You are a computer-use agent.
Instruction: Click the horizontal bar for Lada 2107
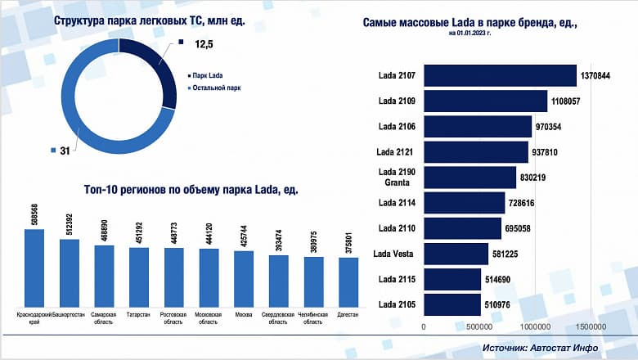coord(500,75)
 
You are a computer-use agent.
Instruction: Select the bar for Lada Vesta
coord(456,254)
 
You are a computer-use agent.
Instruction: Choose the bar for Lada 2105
coord(452,305)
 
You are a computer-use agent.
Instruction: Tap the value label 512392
coord(70,223)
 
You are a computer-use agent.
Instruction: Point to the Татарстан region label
coord(139,314)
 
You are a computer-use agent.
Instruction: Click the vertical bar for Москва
coord(244,277)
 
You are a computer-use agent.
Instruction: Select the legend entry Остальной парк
coord(215,88)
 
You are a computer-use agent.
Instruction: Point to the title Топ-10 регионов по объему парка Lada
coord(191,189)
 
